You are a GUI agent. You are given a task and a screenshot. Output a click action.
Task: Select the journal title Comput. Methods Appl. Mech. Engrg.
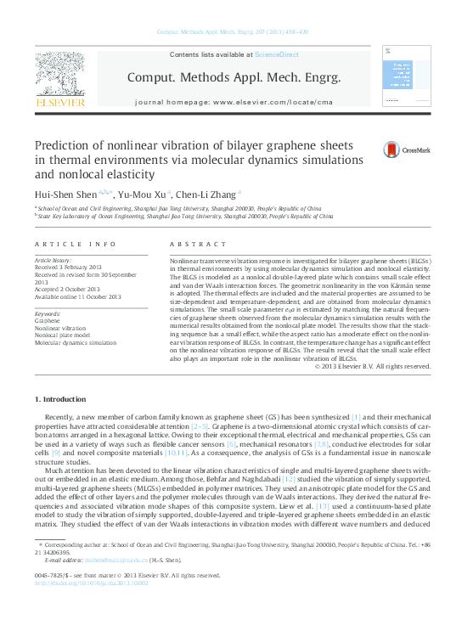pyautogui.click(x=234, y=77)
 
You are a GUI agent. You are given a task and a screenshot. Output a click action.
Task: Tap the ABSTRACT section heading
pyautogui.click(x=194, y=244)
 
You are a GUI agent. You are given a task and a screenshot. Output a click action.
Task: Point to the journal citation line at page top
pyautogui.click(x=231, y=33)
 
